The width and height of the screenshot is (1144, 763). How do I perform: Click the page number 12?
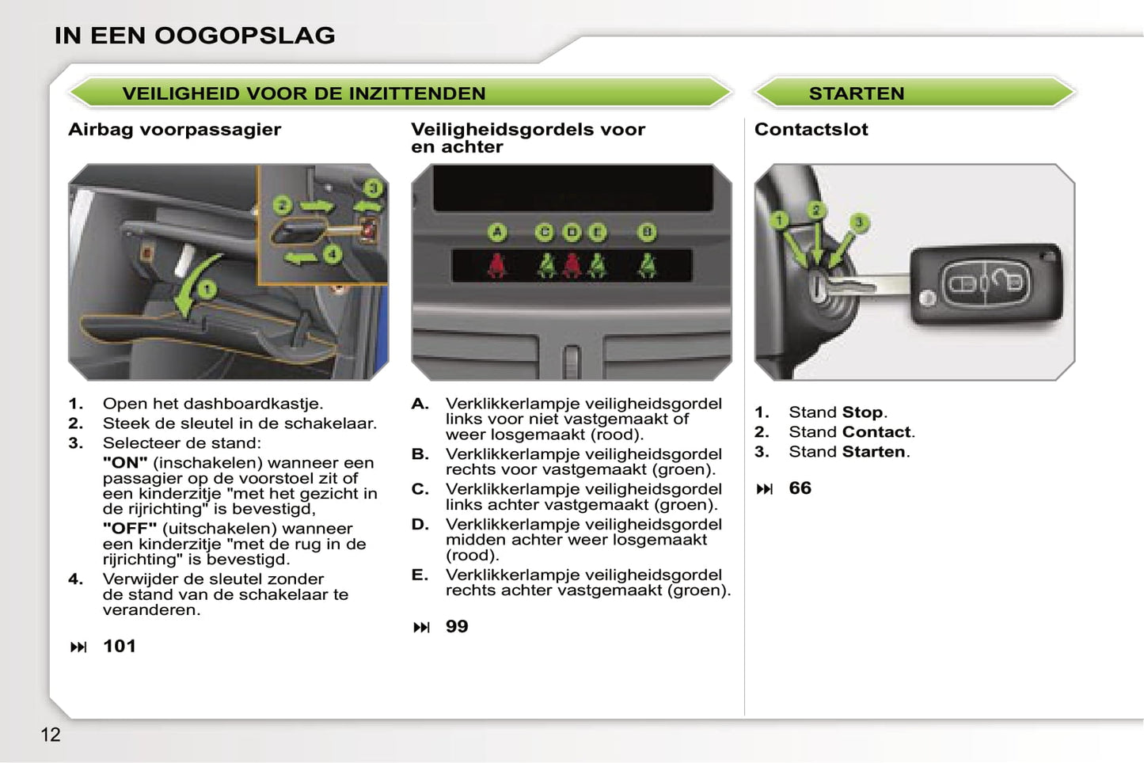click(51, 735)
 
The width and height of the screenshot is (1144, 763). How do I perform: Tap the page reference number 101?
click(120, 646)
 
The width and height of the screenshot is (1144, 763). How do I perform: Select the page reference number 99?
click(457, 626)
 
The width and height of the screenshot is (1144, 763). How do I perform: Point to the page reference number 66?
click(800, 488)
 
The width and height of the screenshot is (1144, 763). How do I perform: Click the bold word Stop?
click(862, 412)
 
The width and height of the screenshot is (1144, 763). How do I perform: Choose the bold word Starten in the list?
click(873, 451)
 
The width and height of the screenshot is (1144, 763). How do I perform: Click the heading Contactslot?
click(811, 129)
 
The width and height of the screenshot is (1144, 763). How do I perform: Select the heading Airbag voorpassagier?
click(175, 129)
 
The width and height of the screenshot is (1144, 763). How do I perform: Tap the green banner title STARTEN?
click(857, 93)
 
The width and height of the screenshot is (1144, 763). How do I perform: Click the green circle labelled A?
click(497, 233)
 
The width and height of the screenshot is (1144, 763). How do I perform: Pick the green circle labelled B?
click(647, 233)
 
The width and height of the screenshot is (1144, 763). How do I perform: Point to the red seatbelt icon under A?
click(497, 265)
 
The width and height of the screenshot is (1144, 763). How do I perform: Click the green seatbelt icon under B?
click(647, 265)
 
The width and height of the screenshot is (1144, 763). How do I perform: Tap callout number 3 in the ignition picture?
click(860, 222)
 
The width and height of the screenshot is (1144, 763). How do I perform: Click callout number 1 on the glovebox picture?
click(207, 290)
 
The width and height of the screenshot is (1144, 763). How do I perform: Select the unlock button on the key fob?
click(1004, 282)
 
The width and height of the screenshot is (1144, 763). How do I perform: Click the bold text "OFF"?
click(130, 528)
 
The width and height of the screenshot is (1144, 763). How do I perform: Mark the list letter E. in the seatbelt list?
click(420, 575)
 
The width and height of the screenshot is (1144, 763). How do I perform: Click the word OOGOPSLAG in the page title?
click(245, 36)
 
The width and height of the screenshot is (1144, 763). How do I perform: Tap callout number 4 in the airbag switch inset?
click(332, 254)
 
